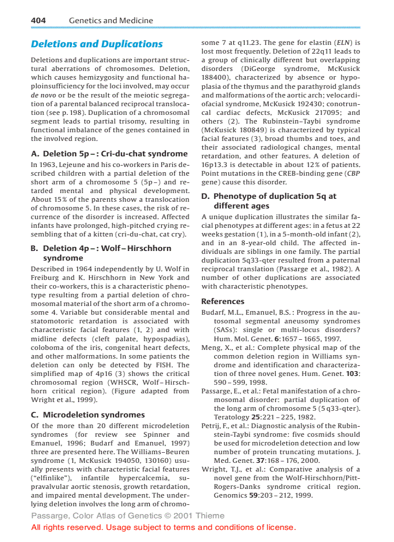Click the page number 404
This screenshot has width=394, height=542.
38,20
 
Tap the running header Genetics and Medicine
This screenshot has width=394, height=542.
111,20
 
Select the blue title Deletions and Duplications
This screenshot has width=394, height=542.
97,44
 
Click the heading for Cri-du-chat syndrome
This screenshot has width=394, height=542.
109,154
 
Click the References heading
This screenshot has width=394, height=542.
223,301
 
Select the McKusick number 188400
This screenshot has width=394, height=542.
213,77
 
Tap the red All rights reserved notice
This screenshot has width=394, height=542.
163,527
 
